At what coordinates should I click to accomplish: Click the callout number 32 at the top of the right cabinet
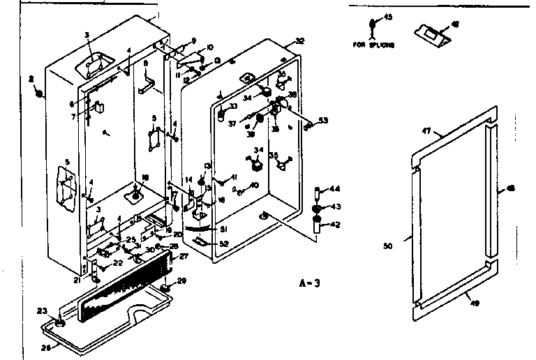301,40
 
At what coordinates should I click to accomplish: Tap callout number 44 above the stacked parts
335,190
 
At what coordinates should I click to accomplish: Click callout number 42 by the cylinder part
335,224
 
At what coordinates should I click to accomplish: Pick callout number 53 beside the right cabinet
322,121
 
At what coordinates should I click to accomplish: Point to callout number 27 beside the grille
184,257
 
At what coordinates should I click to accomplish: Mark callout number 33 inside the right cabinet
234,105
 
